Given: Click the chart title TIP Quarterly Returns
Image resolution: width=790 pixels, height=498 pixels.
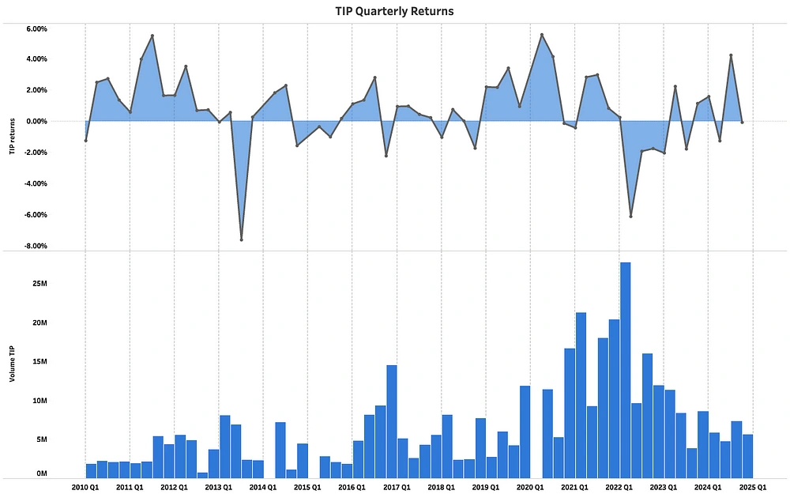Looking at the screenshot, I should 394,11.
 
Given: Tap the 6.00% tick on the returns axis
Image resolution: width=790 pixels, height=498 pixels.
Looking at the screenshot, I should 36,28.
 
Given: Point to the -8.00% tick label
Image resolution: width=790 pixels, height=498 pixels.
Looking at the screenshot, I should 36,246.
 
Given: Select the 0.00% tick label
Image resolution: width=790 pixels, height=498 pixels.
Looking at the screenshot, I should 36,121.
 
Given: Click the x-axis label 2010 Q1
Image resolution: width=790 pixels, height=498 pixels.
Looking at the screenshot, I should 84,488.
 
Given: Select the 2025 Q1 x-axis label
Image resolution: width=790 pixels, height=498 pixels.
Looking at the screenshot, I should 752,488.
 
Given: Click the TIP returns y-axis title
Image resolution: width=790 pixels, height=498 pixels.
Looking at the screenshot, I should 12,138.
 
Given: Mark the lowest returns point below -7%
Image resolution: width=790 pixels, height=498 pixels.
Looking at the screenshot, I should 241,240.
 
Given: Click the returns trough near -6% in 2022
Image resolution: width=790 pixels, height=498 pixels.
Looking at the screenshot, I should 630,216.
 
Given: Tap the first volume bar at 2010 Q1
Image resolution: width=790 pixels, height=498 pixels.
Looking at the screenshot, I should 91,470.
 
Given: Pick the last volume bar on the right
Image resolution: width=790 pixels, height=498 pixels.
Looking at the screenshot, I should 747,456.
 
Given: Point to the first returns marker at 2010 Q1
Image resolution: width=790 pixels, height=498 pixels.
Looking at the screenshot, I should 85,141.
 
